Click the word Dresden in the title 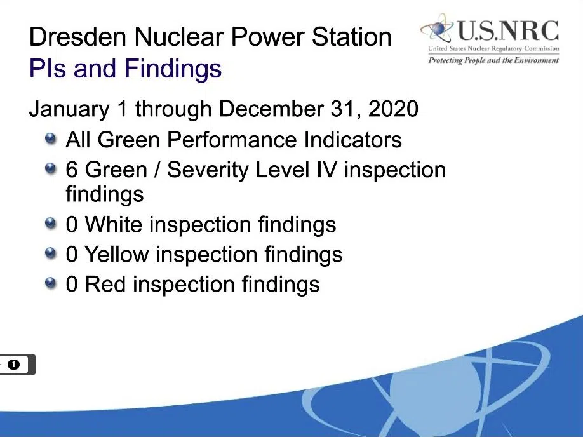[78, 37]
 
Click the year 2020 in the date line [393, 109]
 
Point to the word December [271, 109]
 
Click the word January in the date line [69, 109]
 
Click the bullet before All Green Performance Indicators [51, 138]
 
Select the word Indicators [353, 140]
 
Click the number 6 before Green [72, 170]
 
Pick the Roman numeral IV [326, 170]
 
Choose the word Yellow [116, 255]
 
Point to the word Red [105, 284]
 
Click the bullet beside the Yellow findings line [51, 253]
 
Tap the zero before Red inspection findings [72, 284]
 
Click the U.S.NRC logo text [508, 31]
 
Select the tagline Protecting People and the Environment [493, 60]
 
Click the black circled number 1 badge [14, 365]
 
